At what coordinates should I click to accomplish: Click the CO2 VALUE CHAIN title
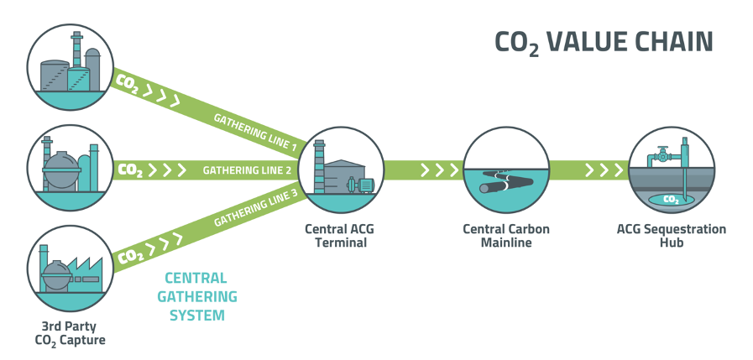(x=604, y=43)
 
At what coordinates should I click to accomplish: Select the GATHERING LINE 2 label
(x=247, y=170)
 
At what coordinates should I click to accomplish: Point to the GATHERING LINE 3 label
(x=255, y=209)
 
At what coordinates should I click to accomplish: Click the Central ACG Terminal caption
(x=335, y=236)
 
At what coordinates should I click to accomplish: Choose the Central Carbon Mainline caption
(x=505, y=236)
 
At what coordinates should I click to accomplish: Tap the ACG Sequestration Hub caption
(x=672, y=236)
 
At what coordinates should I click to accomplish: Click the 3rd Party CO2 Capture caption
(x=70, y=332)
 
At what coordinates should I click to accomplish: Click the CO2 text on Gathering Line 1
(x=128, y=85)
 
